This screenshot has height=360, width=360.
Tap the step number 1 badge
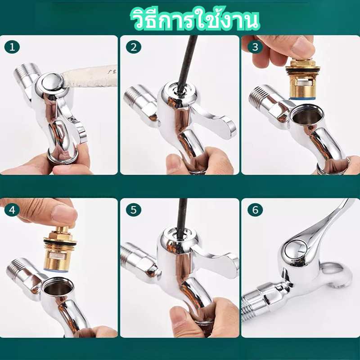pos(12,47)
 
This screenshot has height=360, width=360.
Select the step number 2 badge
pos(133,47)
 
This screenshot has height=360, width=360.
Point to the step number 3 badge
pos(255,47)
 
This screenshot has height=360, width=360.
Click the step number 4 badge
pos(12,210)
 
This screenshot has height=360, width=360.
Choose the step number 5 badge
pos(133,210)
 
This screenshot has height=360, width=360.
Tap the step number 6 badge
pos(255,210)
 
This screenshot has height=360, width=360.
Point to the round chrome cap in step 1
pos(52,82)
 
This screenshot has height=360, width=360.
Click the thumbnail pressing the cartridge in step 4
pos(64,213)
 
